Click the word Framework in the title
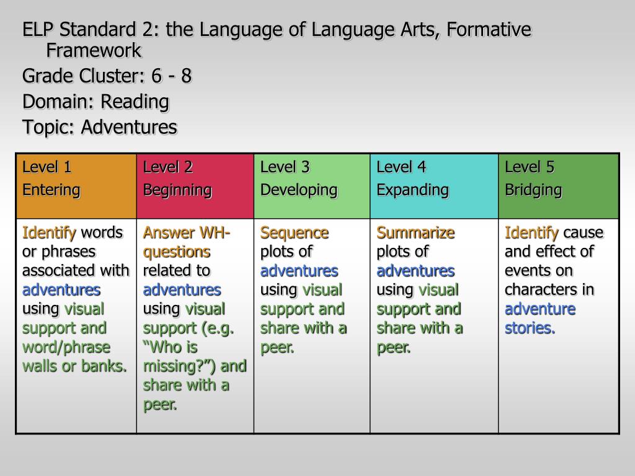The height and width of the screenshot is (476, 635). coord(94,51)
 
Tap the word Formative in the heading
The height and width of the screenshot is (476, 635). coord(489,30)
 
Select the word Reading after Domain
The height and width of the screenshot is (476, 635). coord(135,102)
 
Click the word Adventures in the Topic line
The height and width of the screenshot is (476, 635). coord(129,127)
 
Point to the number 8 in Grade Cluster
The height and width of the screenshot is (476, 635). coord(186,76)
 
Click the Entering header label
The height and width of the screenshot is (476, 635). coord(51,190)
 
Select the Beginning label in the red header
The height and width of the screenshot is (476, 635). coord(177,190)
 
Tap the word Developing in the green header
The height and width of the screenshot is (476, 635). coord(299,190)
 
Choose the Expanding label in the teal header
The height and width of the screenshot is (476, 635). coord(412,190)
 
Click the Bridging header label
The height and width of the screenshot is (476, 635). coord(533,190)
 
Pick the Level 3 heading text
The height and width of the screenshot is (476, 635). coord(285,167)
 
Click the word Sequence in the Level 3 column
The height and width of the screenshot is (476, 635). coord(295,234)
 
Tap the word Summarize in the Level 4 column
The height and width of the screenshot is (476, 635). coord(415,233)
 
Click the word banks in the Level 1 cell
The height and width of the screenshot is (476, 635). coord(104,366)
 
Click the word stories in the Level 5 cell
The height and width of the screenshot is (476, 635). coord(530,328)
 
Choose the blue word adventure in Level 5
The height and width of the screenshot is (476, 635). coord(540,309)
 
